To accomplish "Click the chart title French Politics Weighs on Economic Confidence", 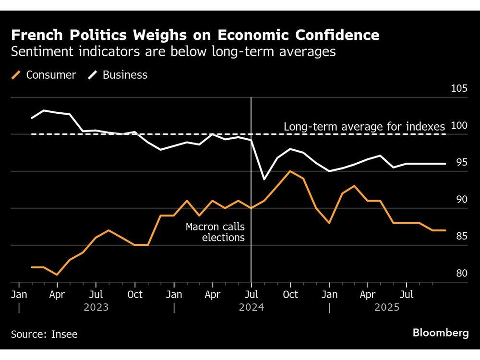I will click(195, 35).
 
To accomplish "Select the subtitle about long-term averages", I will click(173, 52).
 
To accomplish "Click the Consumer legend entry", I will click(44, 75).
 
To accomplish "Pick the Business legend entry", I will click(119, 75).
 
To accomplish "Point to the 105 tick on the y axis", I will click(459, 89).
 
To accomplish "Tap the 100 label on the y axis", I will click(459, 126).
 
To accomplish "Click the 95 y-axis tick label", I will click(461, 163).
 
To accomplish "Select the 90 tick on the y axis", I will click(461, 200).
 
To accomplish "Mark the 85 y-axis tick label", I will click(461, 237).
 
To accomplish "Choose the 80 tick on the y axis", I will click(461, 274).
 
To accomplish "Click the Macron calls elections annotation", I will click(215, 232).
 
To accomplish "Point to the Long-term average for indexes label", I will click(364, 127).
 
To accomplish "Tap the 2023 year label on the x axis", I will click(96, 307).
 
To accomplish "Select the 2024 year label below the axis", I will click(251, 307).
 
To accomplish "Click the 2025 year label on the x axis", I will click(387, 307).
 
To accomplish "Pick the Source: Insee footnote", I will click(44, 334).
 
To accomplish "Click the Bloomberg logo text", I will click(441, 334).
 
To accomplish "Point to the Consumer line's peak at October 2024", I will click(289, 171).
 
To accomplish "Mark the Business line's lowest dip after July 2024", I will click(264, 180).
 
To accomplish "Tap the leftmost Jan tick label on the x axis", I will click(19, 294).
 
